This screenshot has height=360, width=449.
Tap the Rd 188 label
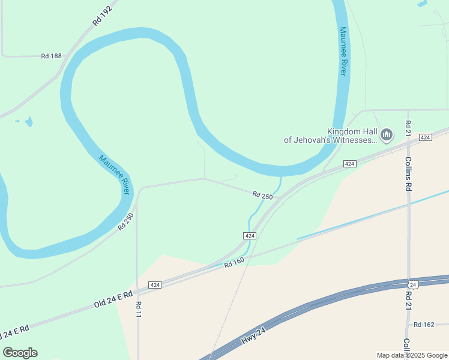tap(52, 56)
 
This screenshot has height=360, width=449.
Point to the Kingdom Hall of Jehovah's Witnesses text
tap(331, 136)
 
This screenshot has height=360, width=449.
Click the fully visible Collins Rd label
tap(408, 173)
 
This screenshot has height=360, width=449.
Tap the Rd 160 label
tap(235, 262)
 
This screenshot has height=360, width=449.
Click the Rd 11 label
tap(139, 308)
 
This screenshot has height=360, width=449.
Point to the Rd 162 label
tap(424, 325)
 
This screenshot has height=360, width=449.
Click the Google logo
tap(20, 353)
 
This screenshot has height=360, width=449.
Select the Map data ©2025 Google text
tap(412, 355)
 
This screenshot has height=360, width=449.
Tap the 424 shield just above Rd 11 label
tap(154, 284)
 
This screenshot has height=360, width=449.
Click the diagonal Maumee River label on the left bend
tap(115, 175)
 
